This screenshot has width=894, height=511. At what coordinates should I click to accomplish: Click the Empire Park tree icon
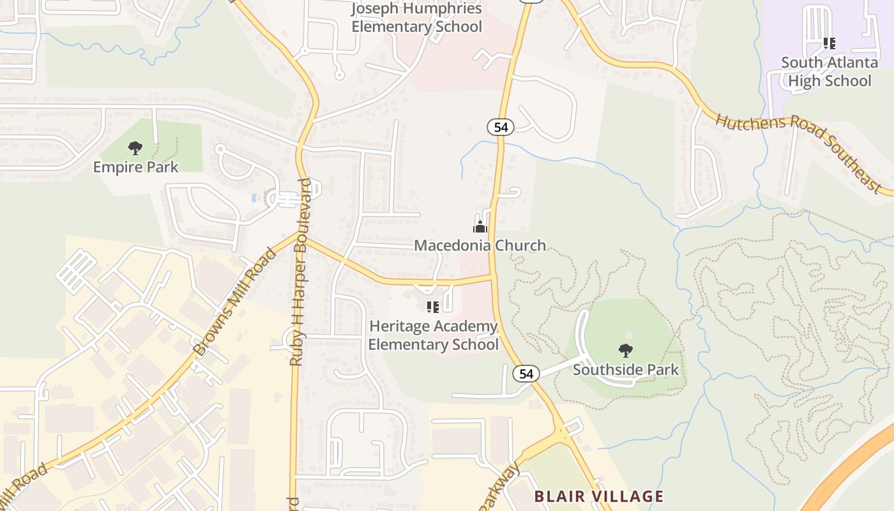[x=135, y=149]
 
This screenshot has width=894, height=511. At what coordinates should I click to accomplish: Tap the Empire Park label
[x=135, y=167]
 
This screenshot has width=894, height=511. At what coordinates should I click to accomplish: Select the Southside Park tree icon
[x=626, y=350]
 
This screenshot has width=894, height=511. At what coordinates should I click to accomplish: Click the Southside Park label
[x=626, y=370]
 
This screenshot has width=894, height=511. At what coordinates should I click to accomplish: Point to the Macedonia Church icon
[x=480, y=227]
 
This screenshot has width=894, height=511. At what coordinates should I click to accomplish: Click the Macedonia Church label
[x=480, y=245]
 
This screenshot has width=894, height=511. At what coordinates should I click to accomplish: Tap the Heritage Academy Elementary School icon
[x=432, y=307]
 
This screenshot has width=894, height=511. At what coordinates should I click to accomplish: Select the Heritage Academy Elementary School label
[x=433, y=335]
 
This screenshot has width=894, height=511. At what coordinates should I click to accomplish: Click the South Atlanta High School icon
[x=829, y=43]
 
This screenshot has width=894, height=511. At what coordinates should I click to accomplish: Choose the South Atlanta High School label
[x=830, y=72]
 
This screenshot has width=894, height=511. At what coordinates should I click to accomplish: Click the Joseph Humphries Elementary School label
[x=416, y=18]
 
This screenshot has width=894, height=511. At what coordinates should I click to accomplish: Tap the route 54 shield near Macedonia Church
[x=501, y=127]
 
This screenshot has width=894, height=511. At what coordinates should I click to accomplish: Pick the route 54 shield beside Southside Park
[x=526, y=374]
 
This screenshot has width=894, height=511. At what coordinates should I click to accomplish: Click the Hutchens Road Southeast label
[x=798, y=152]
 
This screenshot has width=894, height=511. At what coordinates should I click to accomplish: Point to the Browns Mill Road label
[x=236, y=301]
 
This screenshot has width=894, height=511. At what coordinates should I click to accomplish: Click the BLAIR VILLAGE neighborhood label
[x=598, y=496]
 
